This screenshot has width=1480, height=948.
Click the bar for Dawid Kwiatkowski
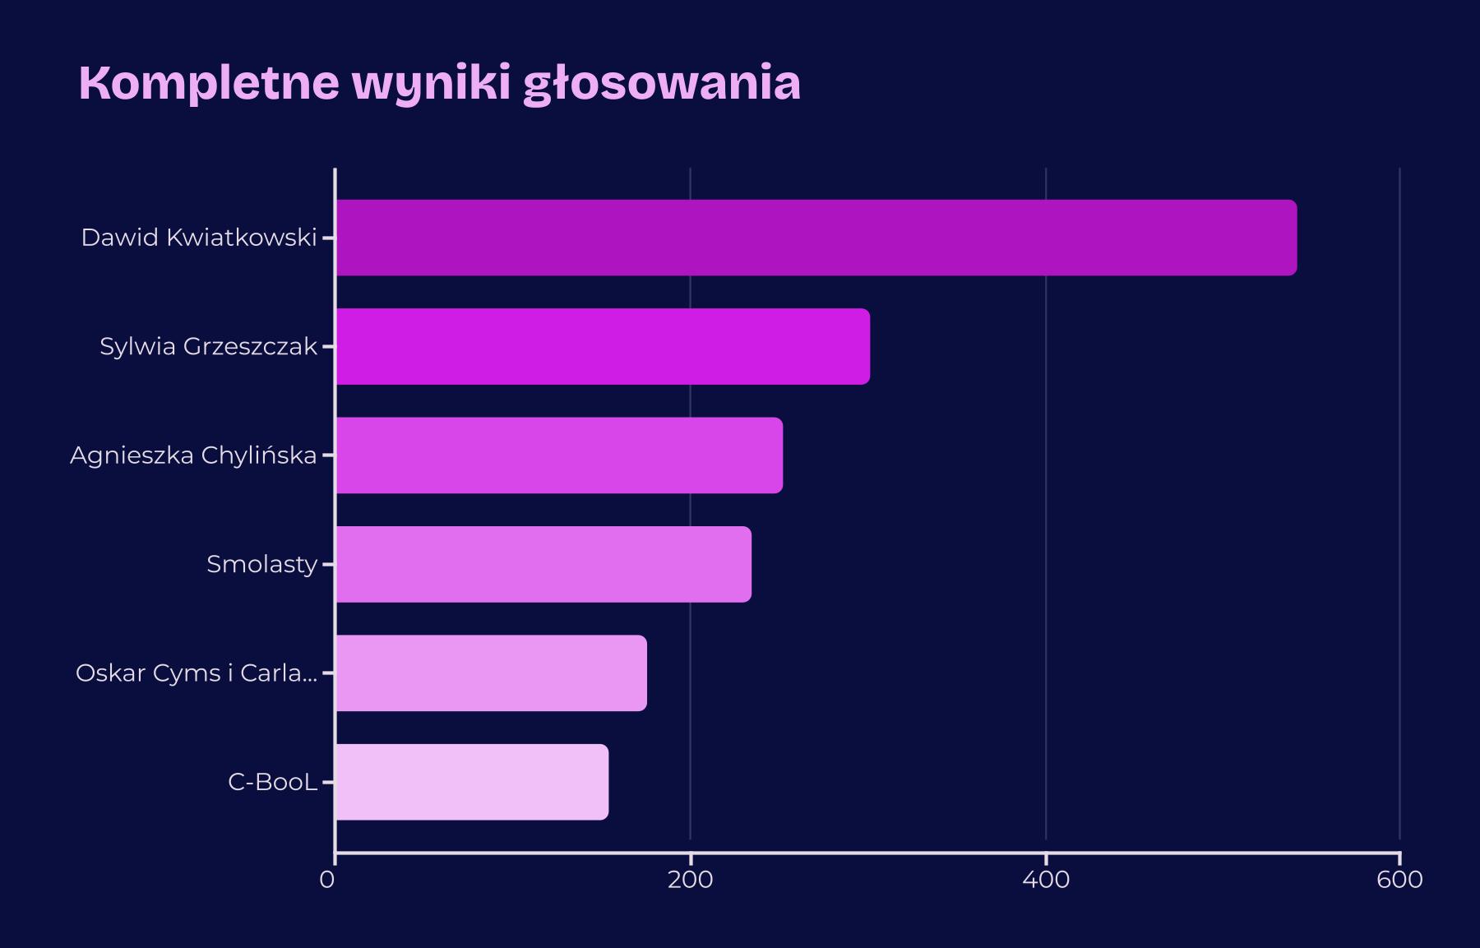coord(816,238)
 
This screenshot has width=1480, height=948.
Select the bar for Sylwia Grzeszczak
coord(603,346)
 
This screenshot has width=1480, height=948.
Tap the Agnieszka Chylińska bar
coord(559,456)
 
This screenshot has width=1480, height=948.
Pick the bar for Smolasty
coord(543,564)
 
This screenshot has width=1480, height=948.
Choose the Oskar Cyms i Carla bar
coord(491,673)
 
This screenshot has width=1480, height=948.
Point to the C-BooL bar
coord(472,782)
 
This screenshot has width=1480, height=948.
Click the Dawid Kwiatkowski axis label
coord(199,238)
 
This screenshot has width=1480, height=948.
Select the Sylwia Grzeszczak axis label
coord(208,346)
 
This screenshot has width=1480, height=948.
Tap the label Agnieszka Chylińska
coord(193,456)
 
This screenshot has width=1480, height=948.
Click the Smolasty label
coord(261,564)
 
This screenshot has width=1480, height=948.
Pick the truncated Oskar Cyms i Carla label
coord(197,673)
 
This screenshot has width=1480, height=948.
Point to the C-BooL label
coord(272,782)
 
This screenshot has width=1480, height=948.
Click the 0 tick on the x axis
coord(327,880)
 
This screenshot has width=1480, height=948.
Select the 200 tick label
coord(690,880)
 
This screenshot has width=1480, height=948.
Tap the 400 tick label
coord(1046,880)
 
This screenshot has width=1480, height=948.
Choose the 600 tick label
coord(1399,880)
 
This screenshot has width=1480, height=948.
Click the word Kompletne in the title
coord(209,83)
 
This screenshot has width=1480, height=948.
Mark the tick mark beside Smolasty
coord(328,564)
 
